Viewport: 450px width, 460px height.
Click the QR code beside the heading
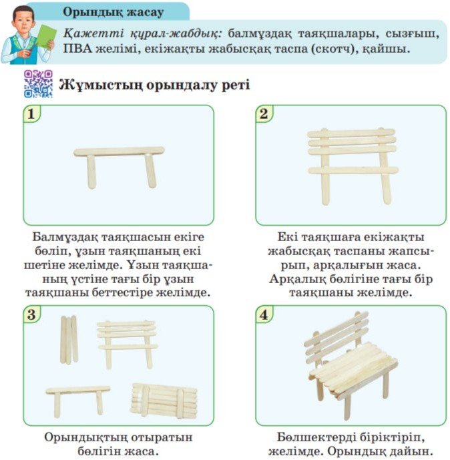pos(39,83)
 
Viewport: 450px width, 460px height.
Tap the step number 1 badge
pos(31,113)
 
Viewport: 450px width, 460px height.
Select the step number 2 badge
pos(264,113)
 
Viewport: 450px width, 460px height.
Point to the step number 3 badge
pos(31,314)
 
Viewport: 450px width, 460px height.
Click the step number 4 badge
pos(264,314)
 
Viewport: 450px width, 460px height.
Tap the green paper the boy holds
pos(46,37)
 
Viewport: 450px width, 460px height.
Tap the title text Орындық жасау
pos(114,12)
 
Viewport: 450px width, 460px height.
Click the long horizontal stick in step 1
pos(119,152)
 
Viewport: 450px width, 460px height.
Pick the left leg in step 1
pos(91,172)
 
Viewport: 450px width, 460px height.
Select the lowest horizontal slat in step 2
pos(353,170)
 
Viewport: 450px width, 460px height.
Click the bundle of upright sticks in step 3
pos(69,340)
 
